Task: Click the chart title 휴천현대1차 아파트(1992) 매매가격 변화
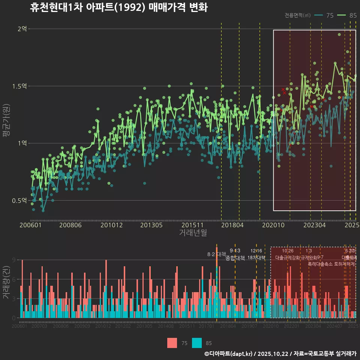coord(118,7)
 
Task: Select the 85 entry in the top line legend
coord(352,15)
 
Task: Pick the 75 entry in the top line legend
coord(330,15)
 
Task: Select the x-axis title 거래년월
coord(193,233)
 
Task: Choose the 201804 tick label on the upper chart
coord(232,225)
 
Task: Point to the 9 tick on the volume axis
coord(13,260)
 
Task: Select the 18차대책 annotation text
coord(256,258)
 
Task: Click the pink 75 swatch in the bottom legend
coord(172,343)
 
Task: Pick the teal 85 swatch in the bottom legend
coord(197,343)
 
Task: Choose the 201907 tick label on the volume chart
coord(250,326)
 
